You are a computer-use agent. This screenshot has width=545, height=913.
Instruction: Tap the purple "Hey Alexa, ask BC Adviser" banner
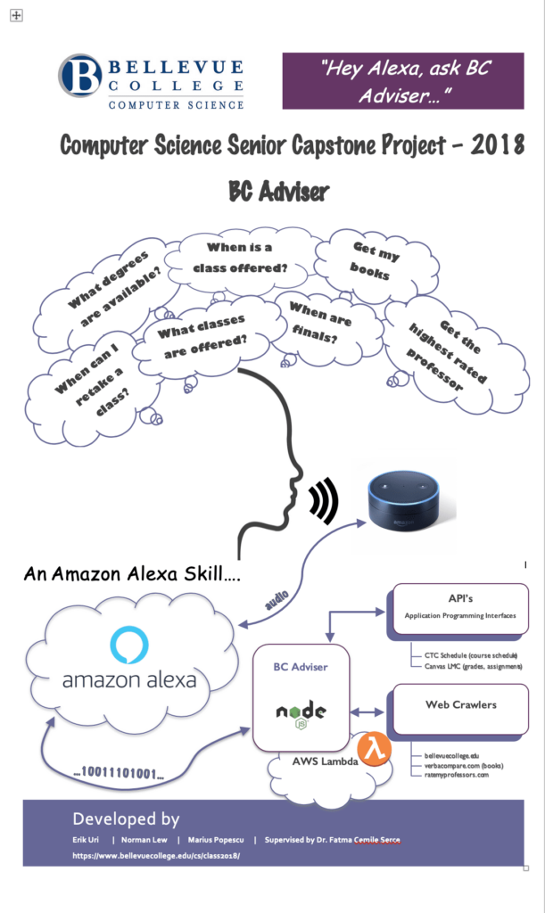[403, 80]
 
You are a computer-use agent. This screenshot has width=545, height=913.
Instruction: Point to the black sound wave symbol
[324, 502]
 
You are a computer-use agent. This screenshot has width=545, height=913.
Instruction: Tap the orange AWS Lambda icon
[370, 747]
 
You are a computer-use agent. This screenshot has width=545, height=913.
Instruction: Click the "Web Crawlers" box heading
[460, 704]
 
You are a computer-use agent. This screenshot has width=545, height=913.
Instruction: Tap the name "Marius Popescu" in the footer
[211, 840]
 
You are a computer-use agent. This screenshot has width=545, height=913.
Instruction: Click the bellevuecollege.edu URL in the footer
[157, 856]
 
